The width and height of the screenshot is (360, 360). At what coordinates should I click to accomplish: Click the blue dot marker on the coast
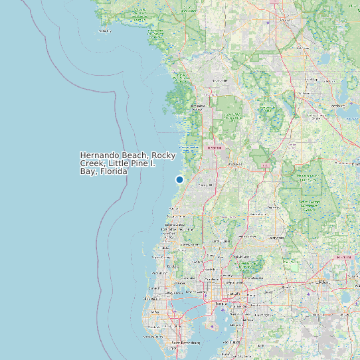(179, 179)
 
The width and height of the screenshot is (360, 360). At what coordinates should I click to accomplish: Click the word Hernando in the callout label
(99, 155)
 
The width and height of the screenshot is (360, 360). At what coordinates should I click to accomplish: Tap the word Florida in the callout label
(114, 171)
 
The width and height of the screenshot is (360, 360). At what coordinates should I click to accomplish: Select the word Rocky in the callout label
(163, 155)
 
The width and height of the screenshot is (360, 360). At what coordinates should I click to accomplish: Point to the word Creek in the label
(92, 163)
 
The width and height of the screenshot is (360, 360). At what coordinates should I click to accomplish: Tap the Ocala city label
(286, 20)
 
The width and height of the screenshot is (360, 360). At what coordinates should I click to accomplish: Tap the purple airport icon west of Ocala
(268, 23)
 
